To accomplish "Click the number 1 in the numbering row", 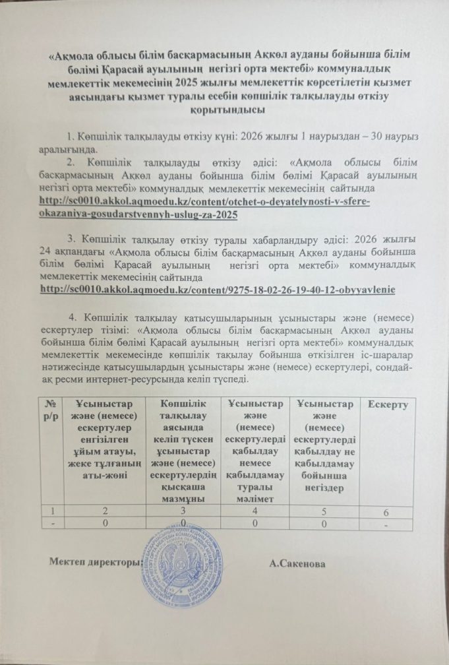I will point(51,511).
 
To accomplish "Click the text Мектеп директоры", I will point(96,562).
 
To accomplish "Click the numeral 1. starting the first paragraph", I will point(72,137).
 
